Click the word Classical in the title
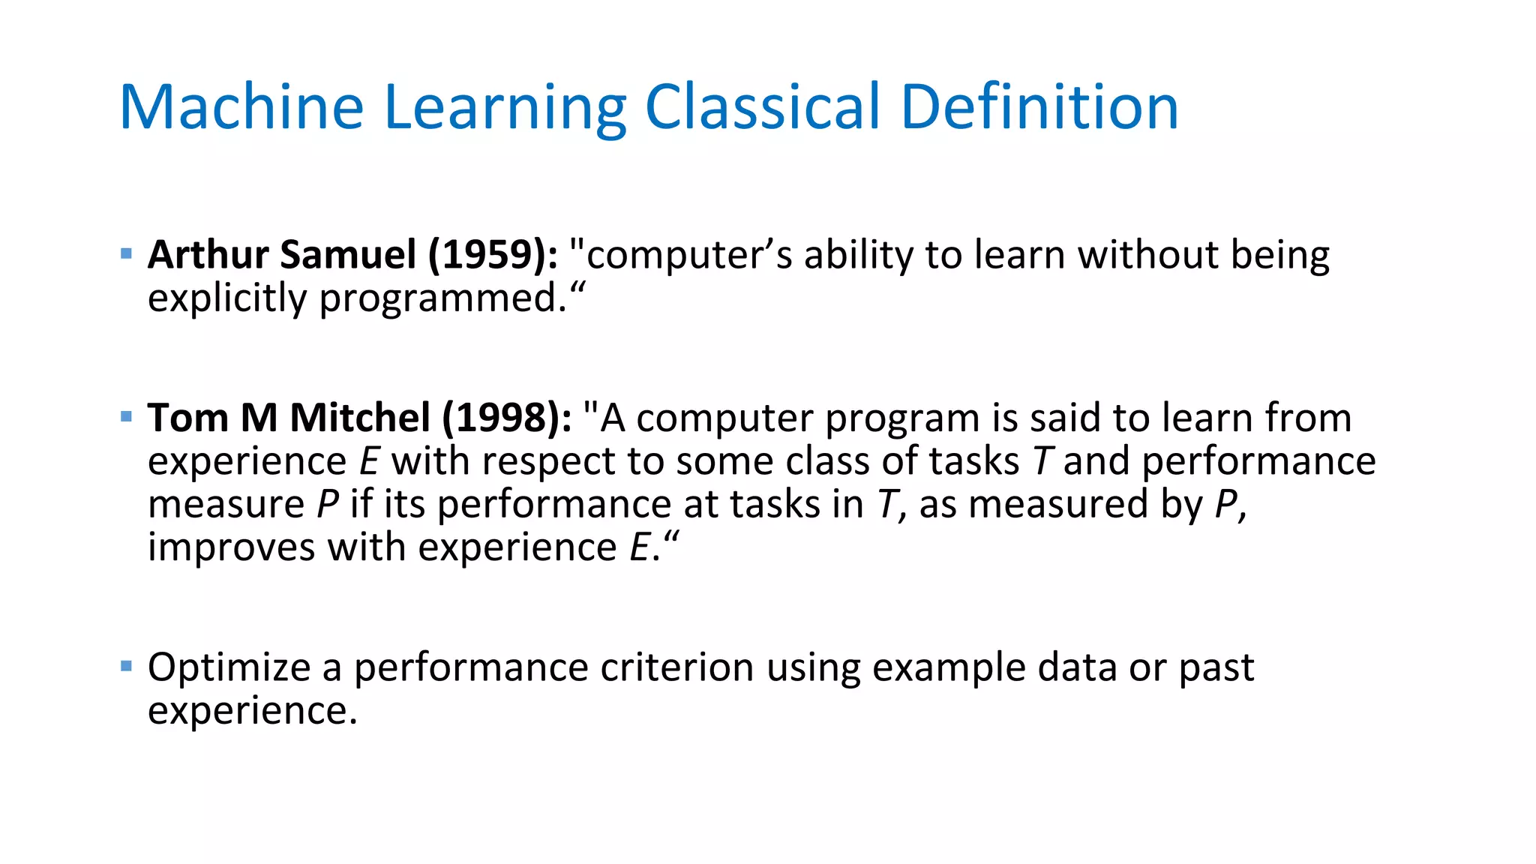coord(762,106)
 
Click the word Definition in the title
coord(1039,106)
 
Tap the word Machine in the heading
coord(241,106)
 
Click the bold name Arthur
coord(208,255)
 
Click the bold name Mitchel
coord(360,418)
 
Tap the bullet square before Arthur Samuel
coord(126,254)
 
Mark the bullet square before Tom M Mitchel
coord(126,417)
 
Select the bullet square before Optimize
coord(126,666)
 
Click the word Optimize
coord(229,667)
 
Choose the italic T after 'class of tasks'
coord(1042,461)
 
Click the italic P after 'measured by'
coord(1225,505)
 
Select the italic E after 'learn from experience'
coord(369,461)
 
